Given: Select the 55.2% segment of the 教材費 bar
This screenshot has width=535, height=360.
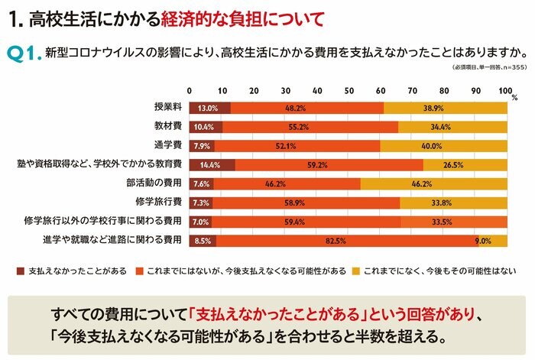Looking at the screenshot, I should [309, 127].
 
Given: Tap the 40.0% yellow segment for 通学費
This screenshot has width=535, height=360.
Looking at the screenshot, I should [443, 146].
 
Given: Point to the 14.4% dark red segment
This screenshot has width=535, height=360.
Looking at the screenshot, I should [212, 165].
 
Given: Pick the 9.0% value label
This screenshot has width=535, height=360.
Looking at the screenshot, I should [483, 241].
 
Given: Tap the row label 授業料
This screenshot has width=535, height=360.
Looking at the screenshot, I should [167, 109].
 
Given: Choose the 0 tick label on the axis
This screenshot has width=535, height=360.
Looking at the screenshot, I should [190, 92].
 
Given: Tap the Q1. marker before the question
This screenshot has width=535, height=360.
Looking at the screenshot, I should [23, 54].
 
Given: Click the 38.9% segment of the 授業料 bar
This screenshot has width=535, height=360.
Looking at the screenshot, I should [445, 109].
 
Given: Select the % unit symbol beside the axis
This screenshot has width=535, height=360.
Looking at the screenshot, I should [514, 98].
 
